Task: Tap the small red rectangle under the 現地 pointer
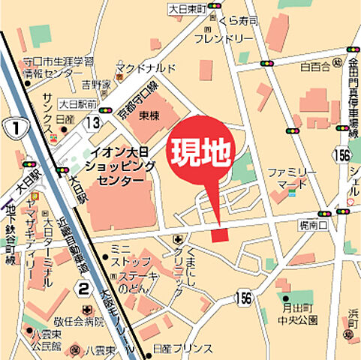218,236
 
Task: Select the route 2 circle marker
84,289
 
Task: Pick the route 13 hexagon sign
92,121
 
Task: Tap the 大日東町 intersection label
188,8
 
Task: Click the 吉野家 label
97,85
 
